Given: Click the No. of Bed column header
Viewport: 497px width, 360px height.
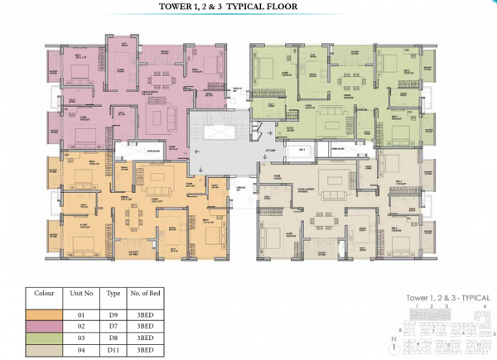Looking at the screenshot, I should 147,293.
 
